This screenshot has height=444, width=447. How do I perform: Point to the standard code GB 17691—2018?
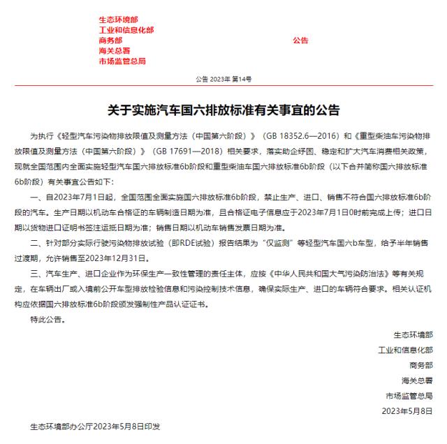pyautogui.click(x=185, y=149)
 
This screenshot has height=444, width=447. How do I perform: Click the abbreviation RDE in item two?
pyautogui.click(x=186, y=246)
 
